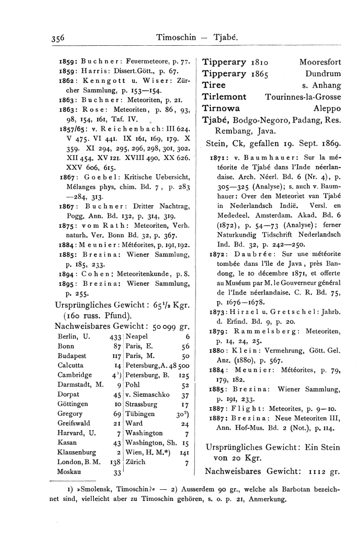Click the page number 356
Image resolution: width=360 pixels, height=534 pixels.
pos(56,38)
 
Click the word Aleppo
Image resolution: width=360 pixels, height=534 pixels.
pos(327,109)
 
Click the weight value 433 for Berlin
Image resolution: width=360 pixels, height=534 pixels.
pos(115,336)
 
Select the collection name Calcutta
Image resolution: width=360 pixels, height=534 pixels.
pos(71,366)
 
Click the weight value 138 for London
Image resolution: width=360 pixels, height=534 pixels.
pos(115,462)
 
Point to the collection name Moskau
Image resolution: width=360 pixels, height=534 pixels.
pos(69,472)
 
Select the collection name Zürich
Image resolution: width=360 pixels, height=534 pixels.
pos(136,462)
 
